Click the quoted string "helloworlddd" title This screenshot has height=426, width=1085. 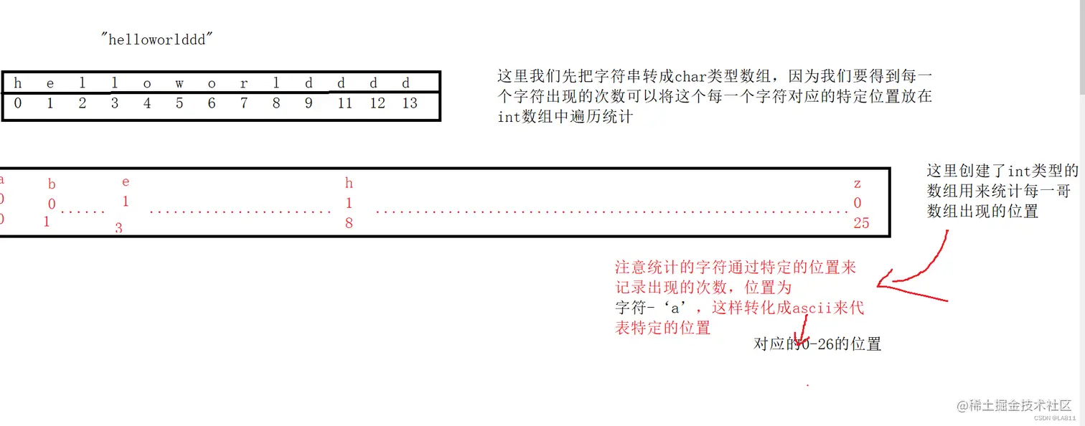pyautogui.click(x=158, y=39)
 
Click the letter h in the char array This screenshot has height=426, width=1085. pyautogui.click(x=17, y=83)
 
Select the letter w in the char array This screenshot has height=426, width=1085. pyautogui.click(x=179, y=83)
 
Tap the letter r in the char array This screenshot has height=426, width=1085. pyautogui.click(x=244, y=83)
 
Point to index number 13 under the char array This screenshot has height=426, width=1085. pyautogui.click(x=410, y=103)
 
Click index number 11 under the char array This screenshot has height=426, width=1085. pyautogui.click(x=345, y=103)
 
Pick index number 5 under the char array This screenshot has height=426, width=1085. pyautogui.click(x=179, y=103)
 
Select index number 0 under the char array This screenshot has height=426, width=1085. pyautogui.click(x=17, y=103)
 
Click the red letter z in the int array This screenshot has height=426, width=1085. pyautogui.click(x=857, y=184)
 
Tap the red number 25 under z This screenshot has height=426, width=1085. pyautogui.click(x=861, y=223)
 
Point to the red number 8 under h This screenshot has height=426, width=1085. pyautogui.click(x=349, y=223)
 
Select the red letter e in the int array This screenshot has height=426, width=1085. pyautogui.click(x=126, y=182)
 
